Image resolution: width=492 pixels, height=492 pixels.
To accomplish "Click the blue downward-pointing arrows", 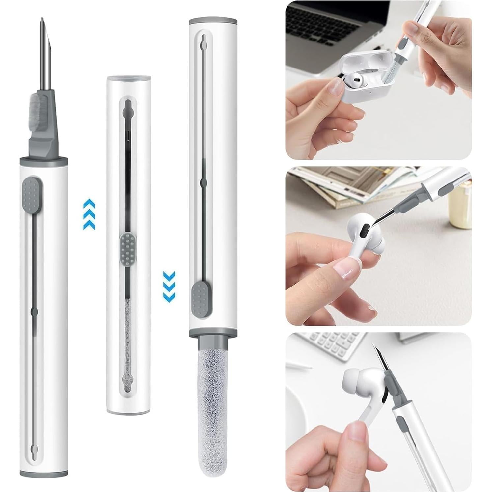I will pyautogui.click(x=169, y=286).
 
